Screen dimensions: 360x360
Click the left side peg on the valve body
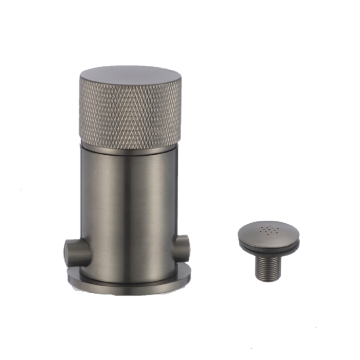75,251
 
